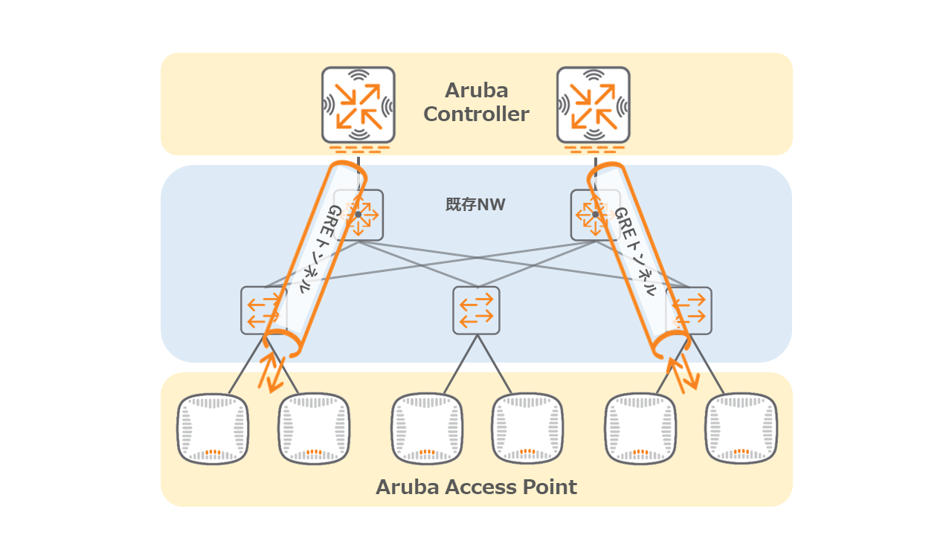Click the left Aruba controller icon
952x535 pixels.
tap(358, 105)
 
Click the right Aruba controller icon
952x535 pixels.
tap(594, 105)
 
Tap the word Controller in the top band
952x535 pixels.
tap(476, 114)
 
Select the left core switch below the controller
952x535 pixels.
tap(359, 215)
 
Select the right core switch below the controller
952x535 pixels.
tap(594, 215)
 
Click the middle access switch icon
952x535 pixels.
tap(476, 310)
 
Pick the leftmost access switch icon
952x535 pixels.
tap(262, 311)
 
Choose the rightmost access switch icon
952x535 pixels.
tap(689, 310)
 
